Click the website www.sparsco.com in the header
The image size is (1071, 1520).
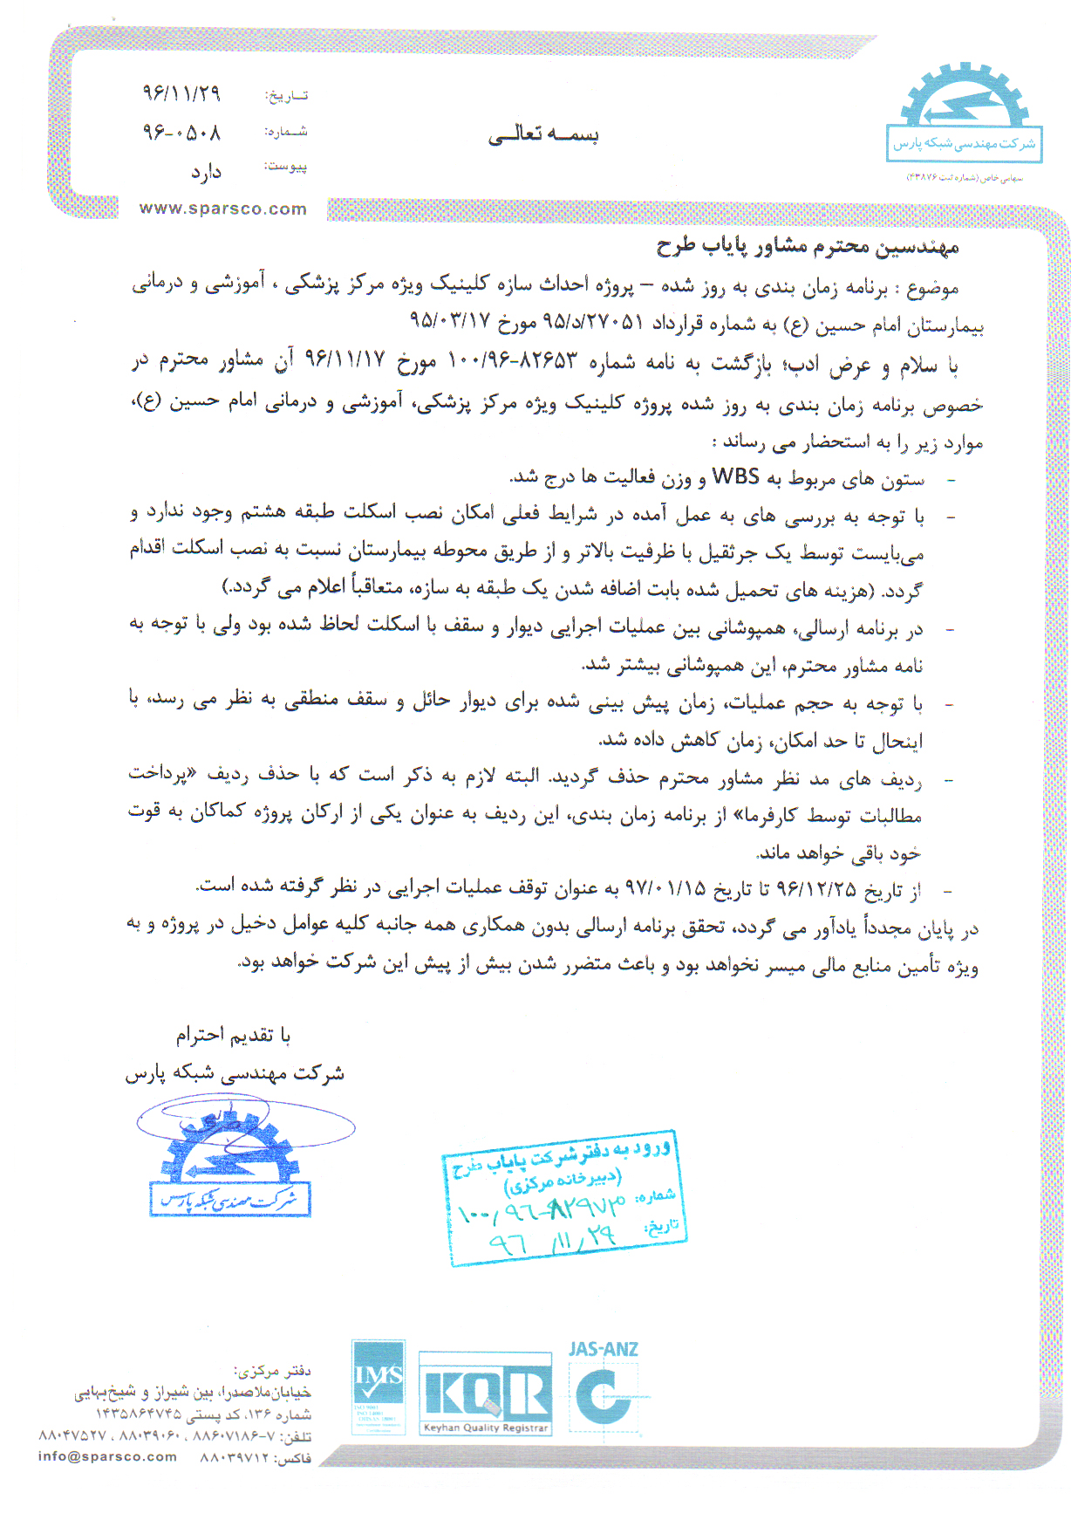coord(222,209)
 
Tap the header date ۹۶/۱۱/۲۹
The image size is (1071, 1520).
coord(181,92)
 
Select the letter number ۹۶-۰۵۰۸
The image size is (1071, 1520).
coord(181,132)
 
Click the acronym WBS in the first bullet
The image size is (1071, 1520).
coord(735,476)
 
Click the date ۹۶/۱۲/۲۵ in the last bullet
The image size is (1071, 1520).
coord(815,889)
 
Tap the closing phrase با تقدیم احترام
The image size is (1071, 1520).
coord(233,1035)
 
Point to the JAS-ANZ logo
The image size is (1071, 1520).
coord(604,1387)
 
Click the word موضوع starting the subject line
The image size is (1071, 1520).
coord(933,286)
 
